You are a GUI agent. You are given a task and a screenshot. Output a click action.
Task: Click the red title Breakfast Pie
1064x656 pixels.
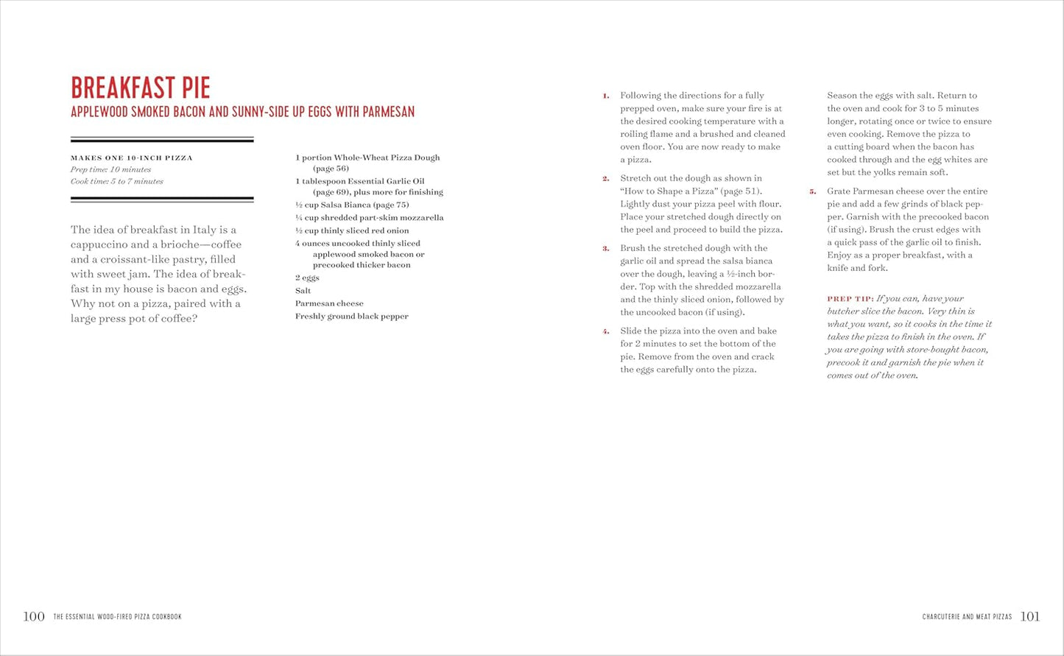click(141, 88)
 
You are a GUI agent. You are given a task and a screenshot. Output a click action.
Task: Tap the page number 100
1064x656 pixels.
click(34, 616)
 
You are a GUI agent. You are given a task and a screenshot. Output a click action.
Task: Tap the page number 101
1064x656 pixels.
click(1030, 616)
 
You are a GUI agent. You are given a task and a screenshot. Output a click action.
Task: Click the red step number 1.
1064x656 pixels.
click(606, 96)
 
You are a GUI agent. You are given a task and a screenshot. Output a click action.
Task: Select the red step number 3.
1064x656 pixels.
click(606, 249)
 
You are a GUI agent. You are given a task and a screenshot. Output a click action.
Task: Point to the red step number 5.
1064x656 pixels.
click(813, 191)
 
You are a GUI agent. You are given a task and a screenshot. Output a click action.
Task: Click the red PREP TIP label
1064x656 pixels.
click(850, 299)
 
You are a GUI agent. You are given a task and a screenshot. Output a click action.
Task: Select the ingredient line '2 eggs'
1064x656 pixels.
click(307, 278)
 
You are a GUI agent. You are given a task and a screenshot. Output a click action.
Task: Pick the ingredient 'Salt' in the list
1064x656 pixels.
click(303, 291)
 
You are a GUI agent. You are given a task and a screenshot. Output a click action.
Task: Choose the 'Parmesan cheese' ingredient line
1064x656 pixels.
click(329, 303)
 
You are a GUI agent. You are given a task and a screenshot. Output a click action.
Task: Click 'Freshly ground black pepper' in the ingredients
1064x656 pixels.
click(351, 317)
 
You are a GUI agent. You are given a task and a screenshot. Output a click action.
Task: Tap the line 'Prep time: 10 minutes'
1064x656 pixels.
click(110, 169)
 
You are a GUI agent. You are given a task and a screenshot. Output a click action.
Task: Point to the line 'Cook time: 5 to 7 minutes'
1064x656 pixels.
click(116, 181)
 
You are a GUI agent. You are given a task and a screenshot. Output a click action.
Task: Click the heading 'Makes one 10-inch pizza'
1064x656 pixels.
click(131, 158)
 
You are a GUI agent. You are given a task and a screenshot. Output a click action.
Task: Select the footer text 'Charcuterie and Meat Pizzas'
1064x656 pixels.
click(967, 617)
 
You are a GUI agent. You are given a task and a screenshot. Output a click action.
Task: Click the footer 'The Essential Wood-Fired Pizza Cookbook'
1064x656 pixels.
click(117, 617)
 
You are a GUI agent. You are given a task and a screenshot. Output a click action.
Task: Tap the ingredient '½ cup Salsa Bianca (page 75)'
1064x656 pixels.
click(351, 205)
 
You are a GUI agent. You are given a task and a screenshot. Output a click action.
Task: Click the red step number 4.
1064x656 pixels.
click(606, 331)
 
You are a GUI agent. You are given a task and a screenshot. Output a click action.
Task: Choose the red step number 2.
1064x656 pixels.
click(606, 179)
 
